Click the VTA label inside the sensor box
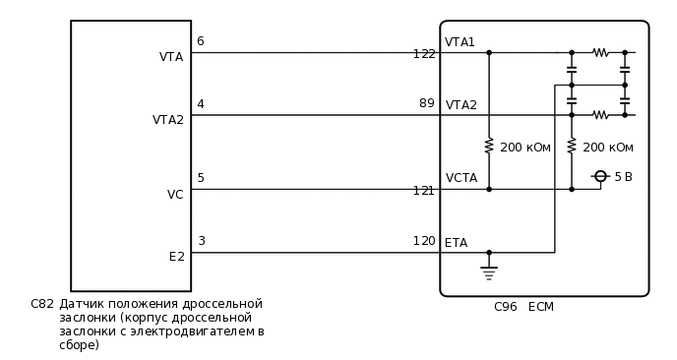click(171, 57)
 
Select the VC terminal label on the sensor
click(175, 195)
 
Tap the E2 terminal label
click(176, 257)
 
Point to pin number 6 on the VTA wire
click(201, 41)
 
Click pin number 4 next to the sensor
click(201, 103)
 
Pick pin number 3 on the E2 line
click(201, 241)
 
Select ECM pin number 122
click(424, 54)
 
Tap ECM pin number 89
click(426, 103)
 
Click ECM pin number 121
click(424, 190)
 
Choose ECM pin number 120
click(424, 241)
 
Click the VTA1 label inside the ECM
click(461, 42)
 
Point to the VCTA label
click(462, 178)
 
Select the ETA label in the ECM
click(457, 243)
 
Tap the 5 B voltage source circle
click(600, 176)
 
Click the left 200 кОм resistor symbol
click(489, 147)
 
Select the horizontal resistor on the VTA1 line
click(599, 52)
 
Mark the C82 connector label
click(42, 304)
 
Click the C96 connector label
click(506, 307)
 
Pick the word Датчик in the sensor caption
click(81, 304)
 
